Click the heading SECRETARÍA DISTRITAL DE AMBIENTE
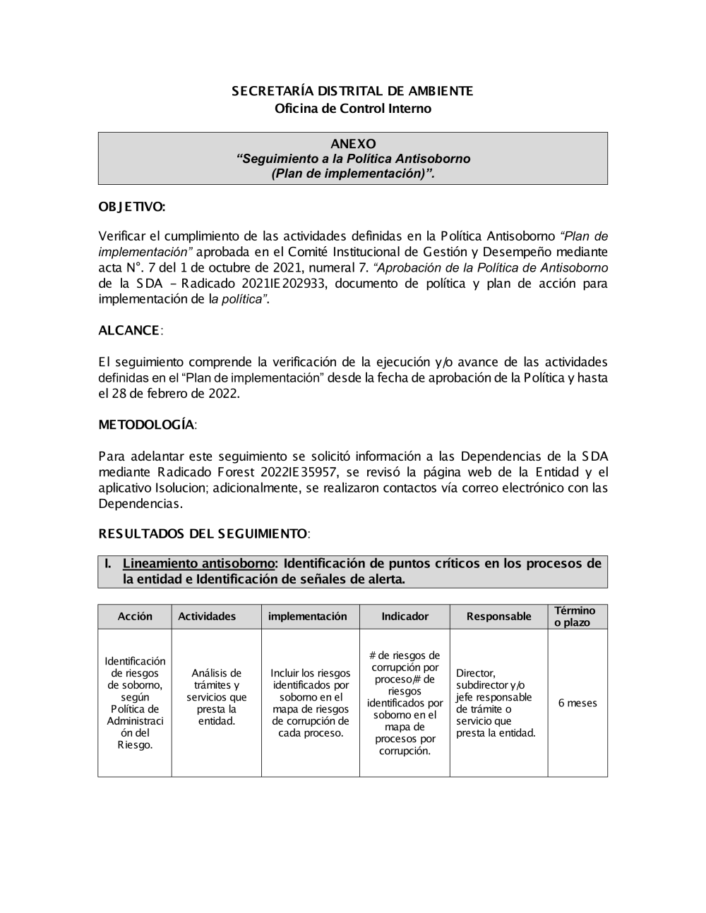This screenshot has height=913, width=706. click(x=352, y=91)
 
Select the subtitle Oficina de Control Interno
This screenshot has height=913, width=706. click(x=352, y=109)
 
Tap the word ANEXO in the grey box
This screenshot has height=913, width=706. click(x=353, y=144)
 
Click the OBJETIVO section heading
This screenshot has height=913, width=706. click(x=132, y=207)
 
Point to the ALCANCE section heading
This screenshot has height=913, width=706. click(x=129, y=331)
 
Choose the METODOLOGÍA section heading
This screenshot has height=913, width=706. click(x=146, y=425)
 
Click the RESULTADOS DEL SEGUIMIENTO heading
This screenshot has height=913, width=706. click(x=203, y=534)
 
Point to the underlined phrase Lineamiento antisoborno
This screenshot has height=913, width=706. click(x=198, y=564)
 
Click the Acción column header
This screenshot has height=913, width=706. click(x=135, y=617)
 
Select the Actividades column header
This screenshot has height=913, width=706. click(x=207, y=617)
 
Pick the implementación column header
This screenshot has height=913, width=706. click(x=308, y=617)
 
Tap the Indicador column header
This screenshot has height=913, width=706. click(x=405, y=617)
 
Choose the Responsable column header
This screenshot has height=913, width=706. click(x=498, y=617)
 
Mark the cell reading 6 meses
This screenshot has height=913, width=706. click(x=577, y=703)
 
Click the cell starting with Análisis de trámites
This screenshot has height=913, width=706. click(x=216, y=697)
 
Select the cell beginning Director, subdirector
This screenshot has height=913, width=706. click(x=496, y=703)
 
